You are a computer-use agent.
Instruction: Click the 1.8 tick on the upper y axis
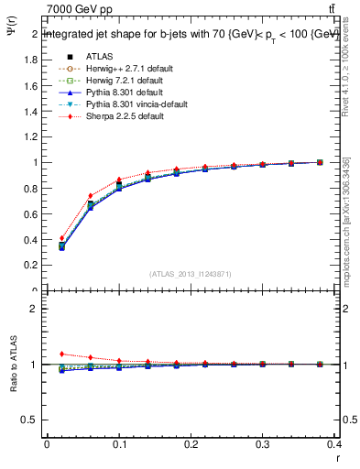pos(33,60)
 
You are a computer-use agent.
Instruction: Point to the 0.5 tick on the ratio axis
pos(31,420)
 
